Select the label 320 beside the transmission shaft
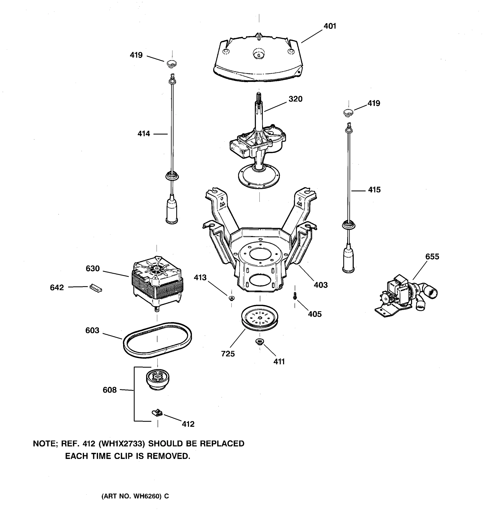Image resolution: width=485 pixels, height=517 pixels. (x=295, y=99)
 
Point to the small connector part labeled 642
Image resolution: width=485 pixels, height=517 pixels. (x=96, y=288)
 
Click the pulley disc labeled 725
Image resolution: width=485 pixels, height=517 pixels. (x=259, y=318)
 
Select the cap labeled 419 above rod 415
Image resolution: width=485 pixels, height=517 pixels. (x=348, y=113)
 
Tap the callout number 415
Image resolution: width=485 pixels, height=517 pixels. (x=374, y=190)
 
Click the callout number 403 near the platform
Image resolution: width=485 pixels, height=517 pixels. (x=321, y=285)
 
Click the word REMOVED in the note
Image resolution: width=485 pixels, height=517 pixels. (x=168, y=456)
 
